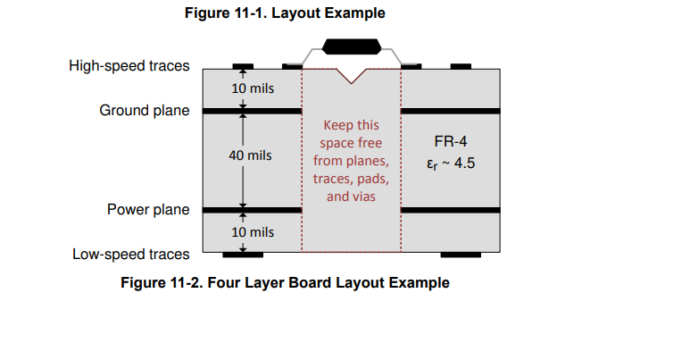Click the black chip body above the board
pyautogui.click(x=352, y=46)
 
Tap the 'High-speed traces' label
pyautogui.click(x=129, y=66)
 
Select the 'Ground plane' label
pyautogui.click(x=145, y=111)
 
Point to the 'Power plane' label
pyautogui.click(x=148, y=209)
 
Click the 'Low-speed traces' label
pyautogui.click(x=131, y=255)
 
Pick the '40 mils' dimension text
pyautogui.click(x=251, y=155)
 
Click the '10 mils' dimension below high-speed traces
pyautogui.click(x=253, y=88)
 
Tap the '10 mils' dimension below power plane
pyautogui.click(x=253, y=232)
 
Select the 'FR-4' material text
pyautogui.click(x=451, y=141)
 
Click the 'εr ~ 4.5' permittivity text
pyautogui.click(x=451, y=163)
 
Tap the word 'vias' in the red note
pyautogui.click(x=363, y=197)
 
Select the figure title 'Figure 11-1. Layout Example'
pyautogui.click(x=285, y=13)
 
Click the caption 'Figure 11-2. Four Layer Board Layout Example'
pyautogui.click(x=285, y=282)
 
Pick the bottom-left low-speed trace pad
pyautogui.click(x=243, y=255)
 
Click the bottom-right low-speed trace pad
pyautogui.click(x=461, y=255)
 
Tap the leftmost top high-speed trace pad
pyautogui.click(x=243, y=67)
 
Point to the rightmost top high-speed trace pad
pyautogui.click(x=461, y=67)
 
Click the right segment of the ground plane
pyautogui.click(x=450, y=111)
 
